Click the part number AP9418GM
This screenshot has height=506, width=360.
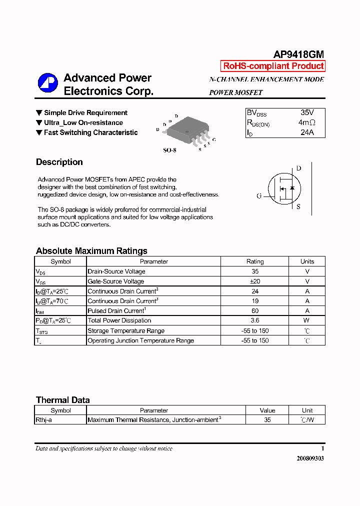click(x=298, y=54)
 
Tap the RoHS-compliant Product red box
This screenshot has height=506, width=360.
click(x=273, y=66)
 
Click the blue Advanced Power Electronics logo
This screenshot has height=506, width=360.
click(x=48, y=83)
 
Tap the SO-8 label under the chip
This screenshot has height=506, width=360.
click(x=170, y=150)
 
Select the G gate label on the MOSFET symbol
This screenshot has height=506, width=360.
click(x=259, y=196)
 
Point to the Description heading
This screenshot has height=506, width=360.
click(x=59, y=162)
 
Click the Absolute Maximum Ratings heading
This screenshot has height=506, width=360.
click(x=91, y=251)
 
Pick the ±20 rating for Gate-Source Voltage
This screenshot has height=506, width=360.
click(x=254, y=281)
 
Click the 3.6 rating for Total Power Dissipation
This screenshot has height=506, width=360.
click(x=254, y=320)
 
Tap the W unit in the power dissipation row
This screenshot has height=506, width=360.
click(x=307, y=320)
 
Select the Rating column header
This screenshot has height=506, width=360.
click(x=254, y=261)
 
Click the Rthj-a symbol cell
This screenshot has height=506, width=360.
click(x=44, y=420)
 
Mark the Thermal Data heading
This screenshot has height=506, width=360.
click(x=63, y=400)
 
